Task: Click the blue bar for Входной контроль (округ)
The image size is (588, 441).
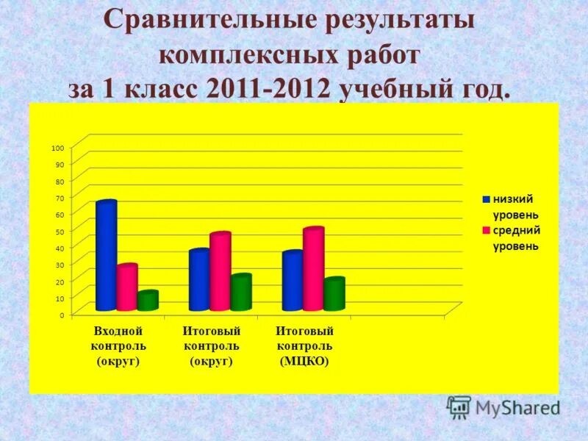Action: tap(106, 255)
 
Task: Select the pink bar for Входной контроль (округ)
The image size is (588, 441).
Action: tap(126, 287)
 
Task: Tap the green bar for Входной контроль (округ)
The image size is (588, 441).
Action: tap(147, 301)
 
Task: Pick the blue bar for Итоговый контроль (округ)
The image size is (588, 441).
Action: tap(199, 280)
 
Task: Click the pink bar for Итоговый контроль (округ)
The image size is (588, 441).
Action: tap(220, 271)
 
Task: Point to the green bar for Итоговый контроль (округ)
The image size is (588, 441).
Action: tap(240, 292)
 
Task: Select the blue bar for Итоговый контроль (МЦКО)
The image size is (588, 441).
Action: tap(293, 281)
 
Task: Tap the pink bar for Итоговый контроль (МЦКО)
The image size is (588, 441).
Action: tap(313, 269)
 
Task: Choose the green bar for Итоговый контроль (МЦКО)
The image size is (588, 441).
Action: tap(334, 294)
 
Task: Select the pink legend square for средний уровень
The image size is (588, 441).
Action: tap(486, 231)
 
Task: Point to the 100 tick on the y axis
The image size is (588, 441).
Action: tap(57, 148)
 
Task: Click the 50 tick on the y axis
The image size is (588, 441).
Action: tap(59, 231)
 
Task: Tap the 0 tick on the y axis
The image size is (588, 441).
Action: tap(61, 315)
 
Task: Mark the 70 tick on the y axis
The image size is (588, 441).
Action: tap(59, 197)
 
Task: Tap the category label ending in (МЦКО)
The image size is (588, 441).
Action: tap(304, 346)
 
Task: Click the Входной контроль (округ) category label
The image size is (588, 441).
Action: tap(118, 346)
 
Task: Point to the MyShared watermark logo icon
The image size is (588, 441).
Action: tap(459, 406)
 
